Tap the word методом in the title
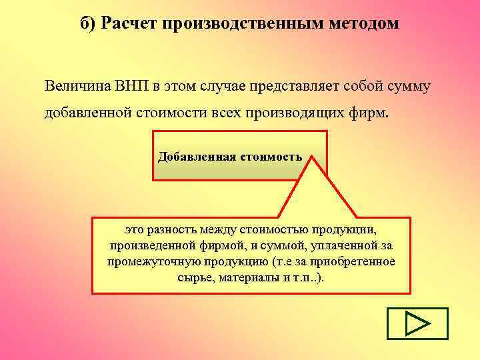pyautogui.click(x=363, y=25)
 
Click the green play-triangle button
pyautogui.click(x=417, y=324)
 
